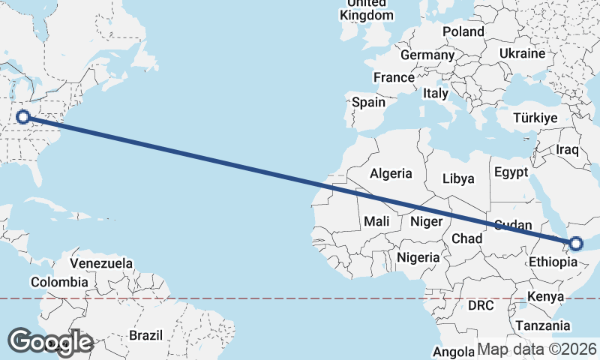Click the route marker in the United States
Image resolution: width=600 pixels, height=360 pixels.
23,116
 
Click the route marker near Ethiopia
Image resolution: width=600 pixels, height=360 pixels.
576,243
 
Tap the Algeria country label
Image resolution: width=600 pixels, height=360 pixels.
391,173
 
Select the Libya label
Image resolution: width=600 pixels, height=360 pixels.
458,178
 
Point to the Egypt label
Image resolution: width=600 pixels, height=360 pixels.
511,172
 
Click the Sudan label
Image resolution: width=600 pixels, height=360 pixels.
513,224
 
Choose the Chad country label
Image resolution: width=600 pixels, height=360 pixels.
466,238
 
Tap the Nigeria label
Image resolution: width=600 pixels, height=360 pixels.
418,257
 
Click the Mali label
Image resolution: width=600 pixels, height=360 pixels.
376,221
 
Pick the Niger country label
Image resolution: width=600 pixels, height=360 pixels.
427,221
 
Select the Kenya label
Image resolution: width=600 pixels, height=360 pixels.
545,296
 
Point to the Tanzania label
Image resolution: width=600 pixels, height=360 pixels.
542,325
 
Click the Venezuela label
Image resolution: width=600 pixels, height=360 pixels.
102,263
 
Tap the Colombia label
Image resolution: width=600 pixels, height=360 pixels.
59,282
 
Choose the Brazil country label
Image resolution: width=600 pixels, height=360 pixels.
145,334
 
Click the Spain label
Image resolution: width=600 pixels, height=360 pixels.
368,103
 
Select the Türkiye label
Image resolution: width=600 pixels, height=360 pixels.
535,118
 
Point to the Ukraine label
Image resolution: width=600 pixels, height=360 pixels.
522,54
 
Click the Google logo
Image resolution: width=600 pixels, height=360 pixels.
51,342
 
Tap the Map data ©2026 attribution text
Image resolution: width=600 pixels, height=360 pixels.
537,349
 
